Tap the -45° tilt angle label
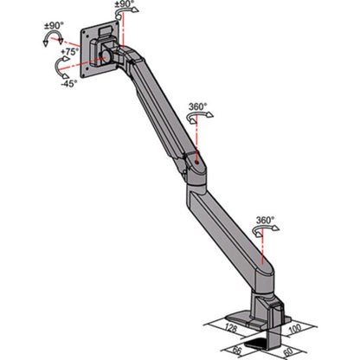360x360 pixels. tap(66, 83)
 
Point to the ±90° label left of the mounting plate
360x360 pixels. tap(54, 25)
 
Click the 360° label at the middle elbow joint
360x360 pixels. tap(198, 106)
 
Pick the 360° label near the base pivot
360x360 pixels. tap(265, 220)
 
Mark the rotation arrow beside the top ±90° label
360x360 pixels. tap(122, 16)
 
